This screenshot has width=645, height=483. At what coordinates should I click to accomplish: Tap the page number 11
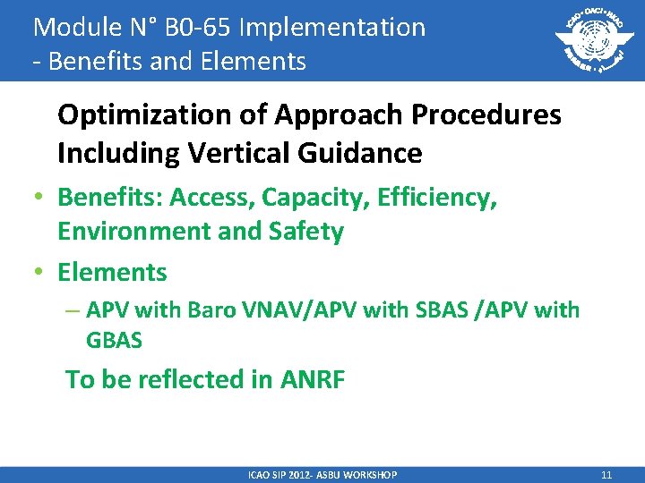pos(606,475)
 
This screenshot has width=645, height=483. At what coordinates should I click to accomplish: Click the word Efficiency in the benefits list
pos(436,197)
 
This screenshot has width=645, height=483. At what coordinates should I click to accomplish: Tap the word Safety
pos(307,232)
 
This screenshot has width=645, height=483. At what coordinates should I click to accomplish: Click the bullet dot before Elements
pos(41,272)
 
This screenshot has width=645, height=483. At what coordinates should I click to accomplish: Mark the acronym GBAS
pos(114,340)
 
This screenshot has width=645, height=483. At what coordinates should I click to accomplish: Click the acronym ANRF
pos(311,379)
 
